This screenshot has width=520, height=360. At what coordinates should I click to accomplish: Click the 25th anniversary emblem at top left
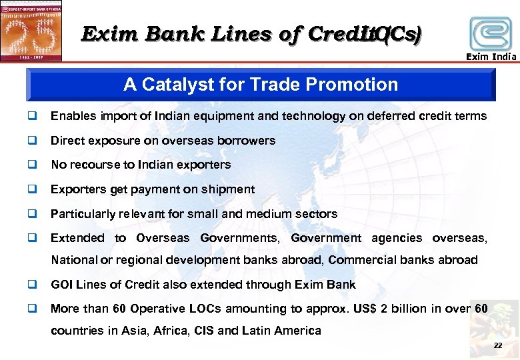31,31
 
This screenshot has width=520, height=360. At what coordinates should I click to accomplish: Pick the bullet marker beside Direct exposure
31,141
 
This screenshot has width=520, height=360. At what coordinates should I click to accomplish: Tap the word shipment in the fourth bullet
227,189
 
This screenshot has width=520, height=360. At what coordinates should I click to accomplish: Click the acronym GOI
62,285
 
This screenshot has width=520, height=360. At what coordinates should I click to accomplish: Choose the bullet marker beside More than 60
31,309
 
